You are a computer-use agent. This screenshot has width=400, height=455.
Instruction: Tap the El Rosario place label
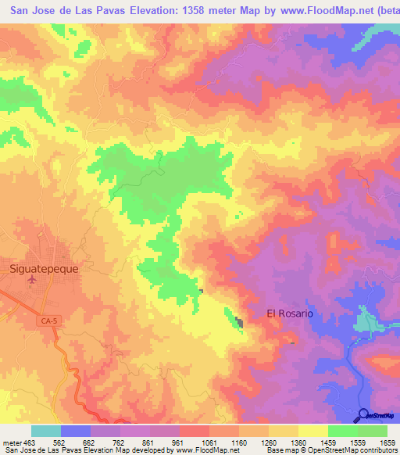pyautogui.click(x=290, y=313)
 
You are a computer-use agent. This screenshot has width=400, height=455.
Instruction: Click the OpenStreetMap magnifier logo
pyautogui.click(x=362, y=414)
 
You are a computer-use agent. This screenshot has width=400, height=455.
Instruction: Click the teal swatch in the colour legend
pyautogui.click(x=45, y=431)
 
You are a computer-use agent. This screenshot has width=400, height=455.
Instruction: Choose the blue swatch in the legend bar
pyautogui.click(x=75, y=431)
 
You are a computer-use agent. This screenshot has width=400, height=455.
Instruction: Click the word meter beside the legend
pyautogui.click(x=10, y=442)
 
